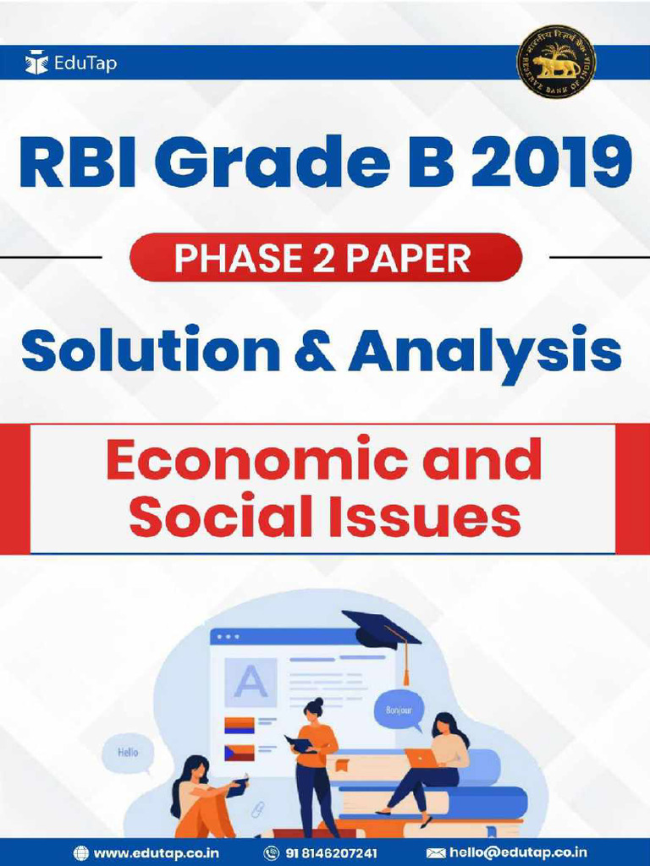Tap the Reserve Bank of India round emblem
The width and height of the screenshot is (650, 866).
[556, 63]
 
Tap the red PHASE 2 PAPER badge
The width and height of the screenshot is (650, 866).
[325, 258]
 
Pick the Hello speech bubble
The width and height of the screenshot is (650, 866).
[128, 750]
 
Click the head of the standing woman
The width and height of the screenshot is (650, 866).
[313, 709]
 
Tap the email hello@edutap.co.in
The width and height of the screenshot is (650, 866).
[518, 852]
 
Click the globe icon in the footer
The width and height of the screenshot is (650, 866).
[81, 852]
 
